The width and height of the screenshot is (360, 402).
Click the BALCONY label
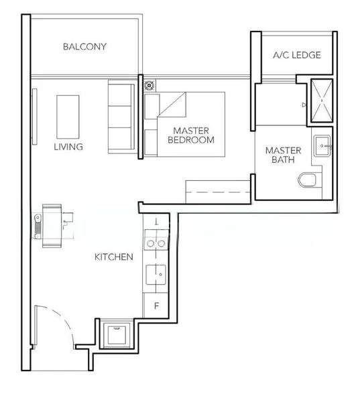pyautogui.click(x=84, y=47)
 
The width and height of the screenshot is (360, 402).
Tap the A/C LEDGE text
pyautogui.click(x=296, y=55)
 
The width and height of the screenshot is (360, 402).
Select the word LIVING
pyautogui.click(x=68, y=147)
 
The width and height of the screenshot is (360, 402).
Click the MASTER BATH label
pyautogui.click(x=282, y=155)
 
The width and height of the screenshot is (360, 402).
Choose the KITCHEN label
pyautogui.click(x=113, y=257)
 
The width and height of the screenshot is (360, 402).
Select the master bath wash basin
pyautogui.click(x=324, y=145)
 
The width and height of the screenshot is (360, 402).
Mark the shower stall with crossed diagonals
pyautogui.click(x=320, y=103)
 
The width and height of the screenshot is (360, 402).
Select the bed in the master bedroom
pyautogui.click(x=184, y=124)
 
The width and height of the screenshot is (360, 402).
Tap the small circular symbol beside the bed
pyautogui.click(x=149, y=85)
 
